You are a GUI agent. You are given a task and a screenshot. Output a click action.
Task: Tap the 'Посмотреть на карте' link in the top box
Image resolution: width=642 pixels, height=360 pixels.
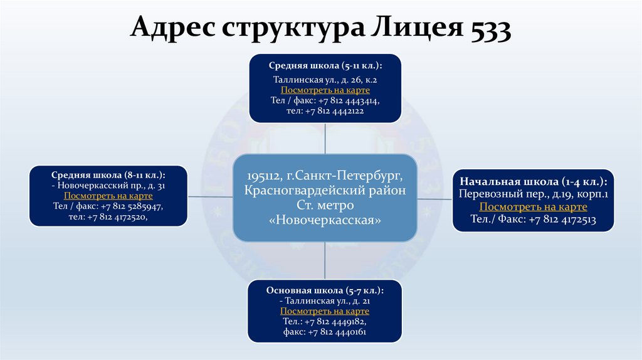325,90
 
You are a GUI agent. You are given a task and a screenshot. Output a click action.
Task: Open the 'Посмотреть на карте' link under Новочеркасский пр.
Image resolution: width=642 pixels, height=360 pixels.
108,196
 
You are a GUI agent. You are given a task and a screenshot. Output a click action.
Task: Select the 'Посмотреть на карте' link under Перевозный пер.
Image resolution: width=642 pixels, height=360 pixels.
533,207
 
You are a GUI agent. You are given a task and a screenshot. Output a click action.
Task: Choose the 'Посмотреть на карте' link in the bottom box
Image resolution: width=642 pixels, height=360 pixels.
325,311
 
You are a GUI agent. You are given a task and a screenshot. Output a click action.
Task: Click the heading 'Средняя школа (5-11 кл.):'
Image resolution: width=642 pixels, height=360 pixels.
325,66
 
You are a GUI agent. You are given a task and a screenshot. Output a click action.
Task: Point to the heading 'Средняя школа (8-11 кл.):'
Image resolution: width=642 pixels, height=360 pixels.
108,175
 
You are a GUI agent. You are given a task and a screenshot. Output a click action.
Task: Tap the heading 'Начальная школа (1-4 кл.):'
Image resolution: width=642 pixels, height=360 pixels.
533,182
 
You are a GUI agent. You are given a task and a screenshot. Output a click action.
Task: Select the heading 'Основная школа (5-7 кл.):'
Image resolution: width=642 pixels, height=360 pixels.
325,290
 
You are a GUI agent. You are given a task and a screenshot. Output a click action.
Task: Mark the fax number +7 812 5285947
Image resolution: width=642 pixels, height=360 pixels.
126,206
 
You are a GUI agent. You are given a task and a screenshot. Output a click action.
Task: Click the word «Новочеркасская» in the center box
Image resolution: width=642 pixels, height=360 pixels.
325,221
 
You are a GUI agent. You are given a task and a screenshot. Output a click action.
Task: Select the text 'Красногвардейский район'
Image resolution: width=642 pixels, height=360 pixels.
325,190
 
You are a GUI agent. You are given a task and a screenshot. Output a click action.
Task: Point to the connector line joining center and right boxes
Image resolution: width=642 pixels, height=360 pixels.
435,198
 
